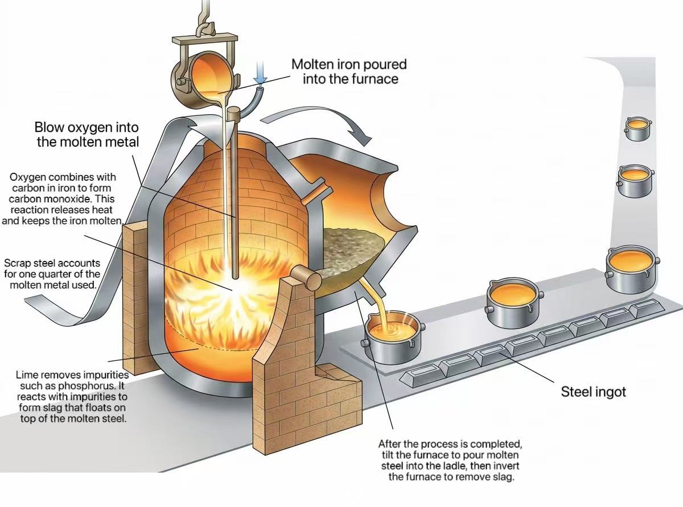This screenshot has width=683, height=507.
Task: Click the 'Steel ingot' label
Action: pos(594,392)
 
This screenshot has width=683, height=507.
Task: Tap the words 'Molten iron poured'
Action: pos(349,64)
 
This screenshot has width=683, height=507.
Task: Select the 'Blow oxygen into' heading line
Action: pos(87,127)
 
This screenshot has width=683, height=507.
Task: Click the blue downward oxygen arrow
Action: pos(260,73)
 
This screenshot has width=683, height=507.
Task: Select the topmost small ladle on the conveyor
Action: pos(637,128)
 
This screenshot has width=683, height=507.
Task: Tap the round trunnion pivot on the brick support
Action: pos(306,279)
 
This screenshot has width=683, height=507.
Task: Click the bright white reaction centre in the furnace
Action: pos(232,290)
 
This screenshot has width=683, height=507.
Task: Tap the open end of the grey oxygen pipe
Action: pos(261,88)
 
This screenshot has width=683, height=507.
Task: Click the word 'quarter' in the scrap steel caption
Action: pos(57,274)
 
